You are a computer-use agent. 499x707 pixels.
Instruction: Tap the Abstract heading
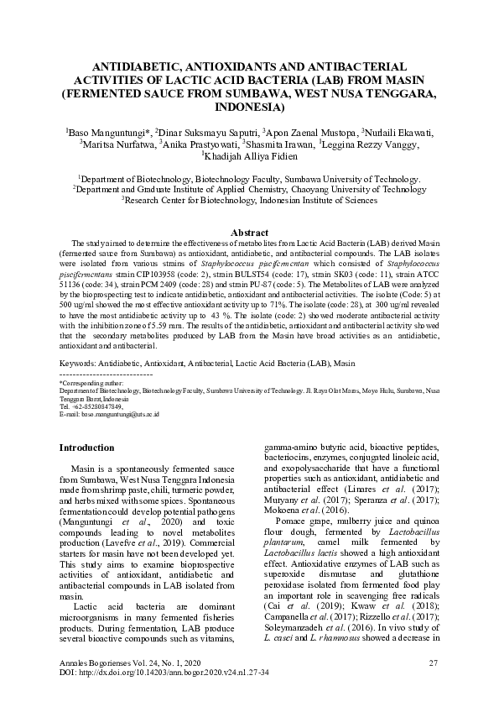(x=249, y=232)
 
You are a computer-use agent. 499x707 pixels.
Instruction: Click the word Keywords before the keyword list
(x=77, y=362)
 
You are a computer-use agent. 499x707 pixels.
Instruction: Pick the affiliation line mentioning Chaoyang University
(x=249, y=190)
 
